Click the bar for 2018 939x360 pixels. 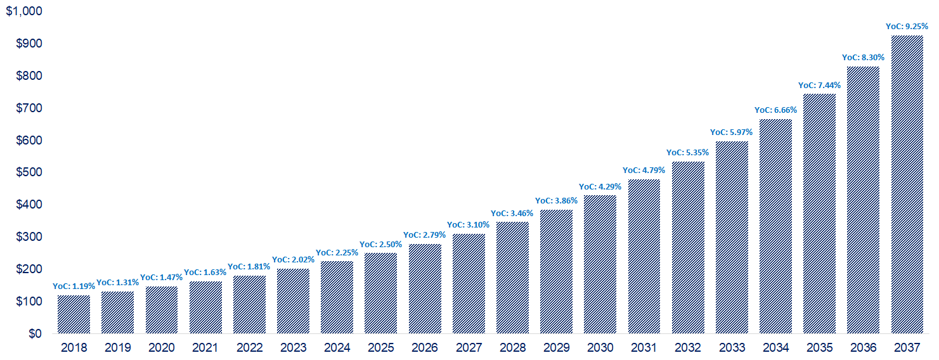click(x=74, y=314)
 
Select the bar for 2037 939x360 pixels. click(x=907, y=184)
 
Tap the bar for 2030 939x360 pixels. click(x=600, y=264)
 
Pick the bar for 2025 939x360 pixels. click(x=380, y=293)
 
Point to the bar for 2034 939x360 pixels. click(x=775, y=226)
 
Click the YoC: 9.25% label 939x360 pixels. click(x=907, y=27)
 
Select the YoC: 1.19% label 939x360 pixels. click(x=74, y=286)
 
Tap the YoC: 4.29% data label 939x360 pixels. click(x=600, y=186)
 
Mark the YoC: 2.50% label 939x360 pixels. click(x=380, y=245)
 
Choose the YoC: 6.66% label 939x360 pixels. click(x=775, y=110)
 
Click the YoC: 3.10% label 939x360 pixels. click(x=469, y=225)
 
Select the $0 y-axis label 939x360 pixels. click(x=36, y=333)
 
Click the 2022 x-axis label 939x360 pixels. click(x=249, y=348)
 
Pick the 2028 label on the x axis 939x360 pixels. click(x=512, y=348)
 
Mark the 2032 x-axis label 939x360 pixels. click(x=688, y=348)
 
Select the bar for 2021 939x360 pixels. click(x=205, y=307)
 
